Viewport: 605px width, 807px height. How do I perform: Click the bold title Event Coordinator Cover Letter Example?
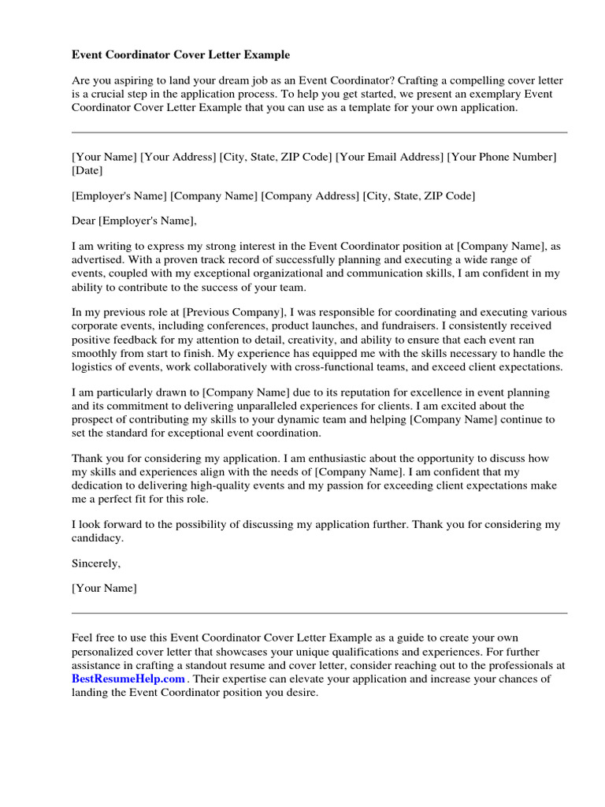tap(180, 55)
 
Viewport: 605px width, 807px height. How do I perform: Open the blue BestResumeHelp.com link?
tap(128, 679)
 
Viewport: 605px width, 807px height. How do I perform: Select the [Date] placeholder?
tap(87, 170)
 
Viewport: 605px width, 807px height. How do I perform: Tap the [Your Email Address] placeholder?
tap(389, 157)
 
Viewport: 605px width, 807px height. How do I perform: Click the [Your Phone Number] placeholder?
tap(502, 157)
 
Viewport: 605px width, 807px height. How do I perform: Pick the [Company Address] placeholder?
tap(310, 195)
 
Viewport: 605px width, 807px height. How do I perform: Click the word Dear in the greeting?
tap(84, 221)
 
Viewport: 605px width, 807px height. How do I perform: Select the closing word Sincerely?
tap(96, 563)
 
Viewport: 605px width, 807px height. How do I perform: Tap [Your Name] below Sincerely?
tap(104, 588)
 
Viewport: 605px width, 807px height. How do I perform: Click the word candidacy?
tap(97, 537)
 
